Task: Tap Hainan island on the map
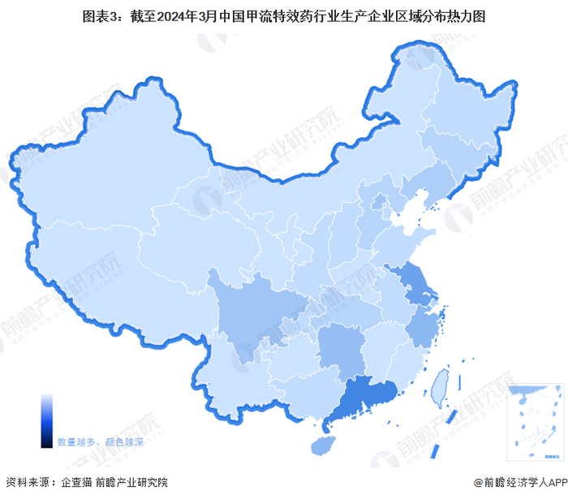[x=323, y=445]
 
